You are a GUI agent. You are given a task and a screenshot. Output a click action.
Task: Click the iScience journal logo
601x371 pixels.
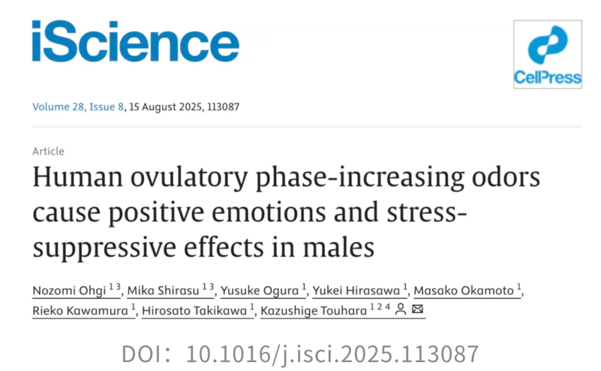pyautogui.click(x=135, y=41)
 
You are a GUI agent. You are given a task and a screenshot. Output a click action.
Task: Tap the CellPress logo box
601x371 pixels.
pyautogui.click(x=547, y=54)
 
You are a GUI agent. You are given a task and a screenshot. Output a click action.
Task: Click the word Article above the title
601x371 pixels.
pyautogui.click(x=48, y=151)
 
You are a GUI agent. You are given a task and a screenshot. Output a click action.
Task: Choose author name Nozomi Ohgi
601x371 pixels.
pyautogui.click(x=68, y=290)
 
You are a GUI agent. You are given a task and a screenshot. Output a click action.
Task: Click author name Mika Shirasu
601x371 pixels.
pyautogui.click(x=164, y=290)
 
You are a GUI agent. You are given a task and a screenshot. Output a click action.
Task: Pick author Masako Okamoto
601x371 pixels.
pyautogui.click(x=464, y=290)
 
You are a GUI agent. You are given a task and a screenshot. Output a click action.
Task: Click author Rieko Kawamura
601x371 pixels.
pyautogui.click(x=80, y=310)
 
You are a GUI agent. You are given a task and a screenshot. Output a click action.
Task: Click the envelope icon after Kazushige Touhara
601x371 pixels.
pyautogui.click(x=417, y=310)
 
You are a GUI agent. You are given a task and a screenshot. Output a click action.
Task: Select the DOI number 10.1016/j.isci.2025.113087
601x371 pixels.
pyautogui.click(x=332, y=354)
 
